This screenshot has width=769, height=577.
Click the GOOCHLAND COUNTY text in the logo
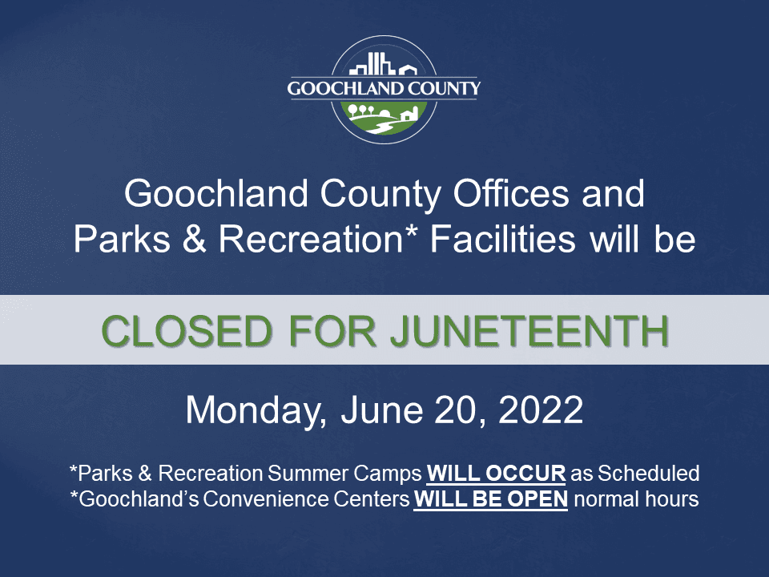[384, 88]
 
